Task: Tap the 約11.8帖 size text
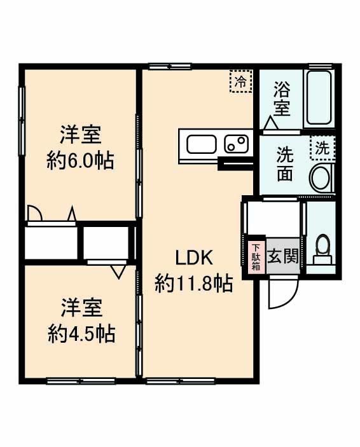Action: (x=193, y=283)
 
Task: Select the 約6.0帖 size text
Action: (x=80, y=160)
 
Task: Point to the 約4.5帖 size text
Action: (x=81, y=333)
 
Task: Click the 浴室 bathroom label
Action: (x=282, y=98)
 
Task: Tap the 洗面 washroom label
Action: (x=284, y=163)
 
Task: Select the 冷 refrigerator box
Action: (x=240, y=81)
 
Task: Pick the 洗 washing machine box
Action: (x=322, y=149)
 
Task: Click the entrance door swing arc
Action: (x=282, y=293)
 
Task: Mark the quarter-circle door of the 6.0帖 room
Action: (x=35, y=214)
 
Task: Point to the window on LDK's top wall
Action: (x=170, y=65)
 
